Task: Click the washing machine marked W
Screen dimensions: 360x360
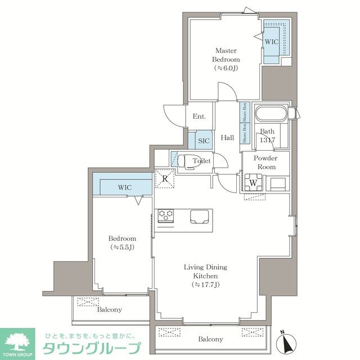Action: (253, 183)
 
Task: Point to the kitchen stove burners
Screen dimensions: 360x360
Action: (166, 214)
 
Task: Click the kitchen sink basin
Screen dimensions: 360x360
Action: (199, 216)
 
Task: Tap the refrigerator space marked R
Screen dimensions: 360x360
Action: (165, 178)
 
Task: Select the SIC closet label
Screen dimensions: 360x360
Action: (204, 141)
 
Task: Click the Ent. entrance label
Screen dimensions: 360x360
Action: (199, 117)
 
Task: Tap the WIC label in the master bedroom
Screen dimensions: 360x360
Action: (271, 42)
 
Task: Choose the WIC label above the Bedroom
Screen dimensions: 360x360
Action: (125, 187)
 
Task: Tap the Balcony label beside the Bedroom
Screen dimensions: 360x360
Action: (109, 309)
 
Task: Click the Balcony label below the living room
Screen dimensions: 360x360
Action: (210, 339)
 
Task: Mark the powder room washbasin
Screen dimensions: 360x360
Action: (277, 183)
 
